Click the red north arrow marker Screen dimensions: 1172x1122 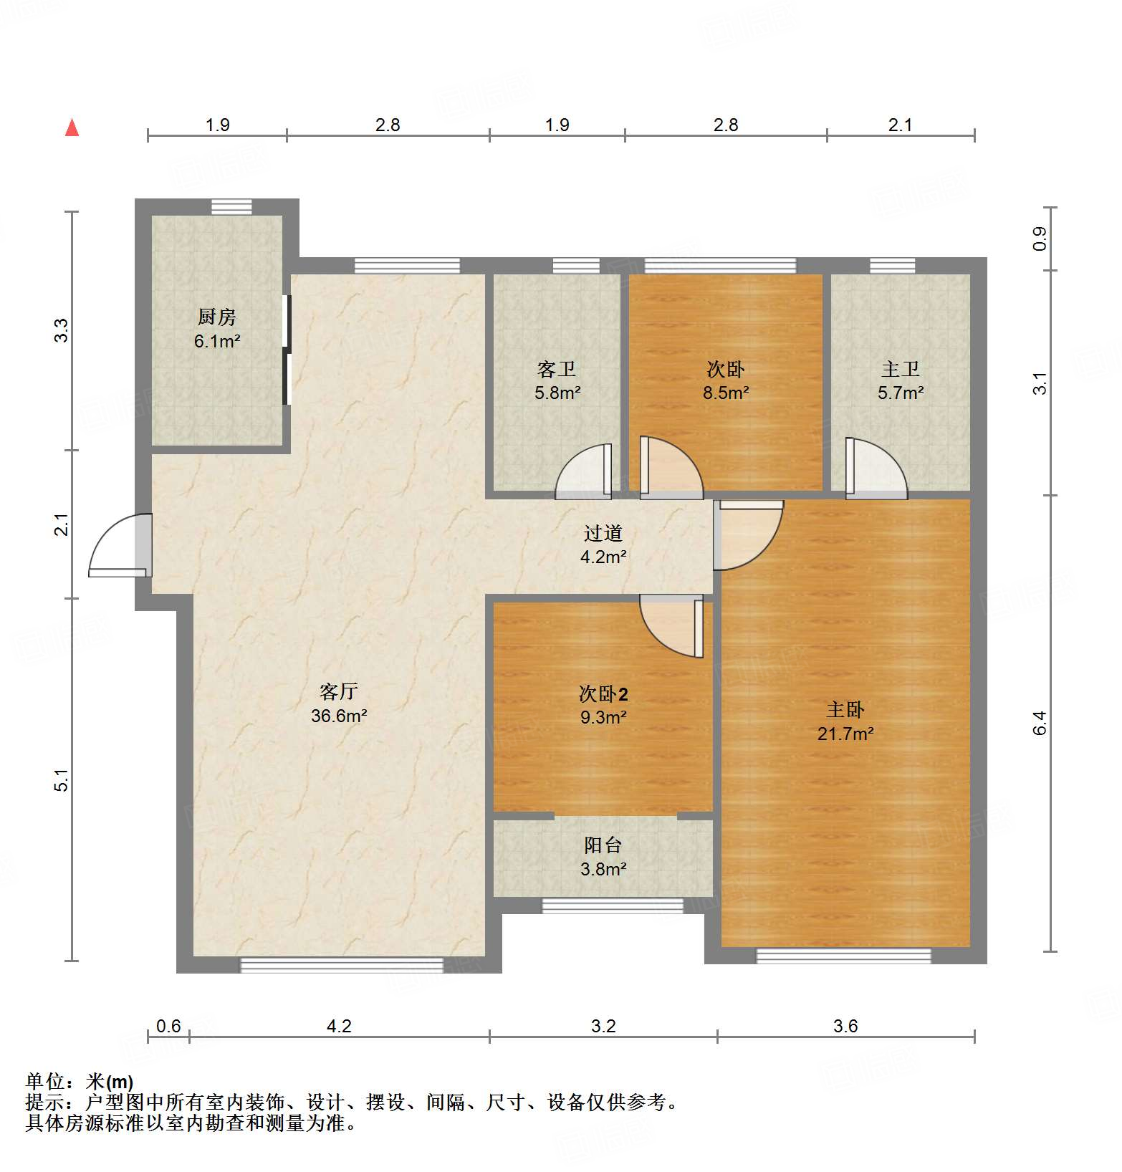72,128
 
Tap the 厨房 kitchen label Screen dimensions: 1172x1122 216,316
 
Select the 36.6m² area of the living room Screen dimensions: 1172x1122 339,716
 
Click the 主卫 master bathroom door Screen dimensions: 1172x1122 876,469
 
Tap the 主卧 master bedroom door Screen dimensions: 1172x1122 747,534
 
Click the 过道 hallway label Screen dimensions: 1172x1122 603,533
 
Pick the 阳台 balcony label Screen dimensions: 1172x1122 603,845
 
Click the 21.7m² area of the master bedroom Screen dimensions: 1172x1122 845,734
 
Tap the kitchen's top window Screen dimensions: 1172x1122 231,207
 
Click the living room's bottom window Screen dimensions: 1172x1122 341,965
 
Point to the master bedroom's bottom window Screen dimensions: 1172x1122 843,956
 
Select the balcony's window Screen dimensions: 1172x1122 612,906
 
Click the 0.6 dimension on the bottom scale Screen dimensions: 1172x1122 168,1026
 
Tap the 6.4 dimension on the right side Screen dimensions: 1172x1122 1040,723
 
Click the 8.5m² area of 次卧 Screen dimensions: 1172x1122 725,393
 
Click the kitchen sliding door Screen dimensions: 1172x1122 287,350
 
